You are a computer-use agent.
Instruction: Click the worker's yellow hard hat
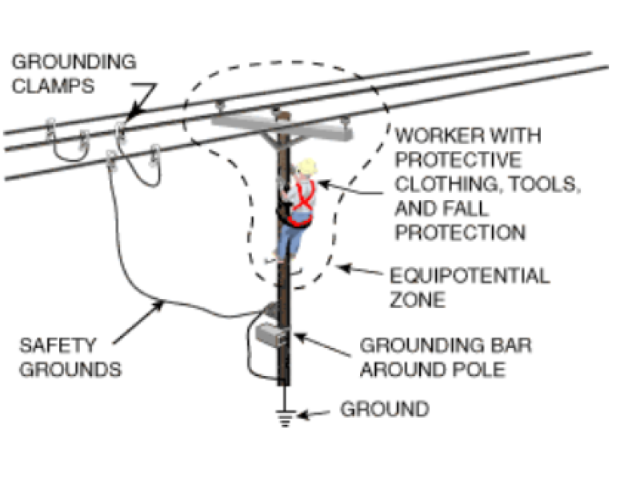(306, 167)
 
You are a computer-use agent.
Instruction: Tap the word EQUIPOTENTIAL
(470, 277)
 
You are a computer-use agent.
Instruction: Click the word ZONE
(420, 301)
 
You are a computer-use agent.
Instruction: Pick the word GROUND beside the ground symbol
(385, 410)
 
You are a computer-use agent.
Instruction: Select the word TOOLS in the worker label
(544, 184)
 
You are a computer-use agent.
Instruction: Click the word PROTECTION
(460, 232)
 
